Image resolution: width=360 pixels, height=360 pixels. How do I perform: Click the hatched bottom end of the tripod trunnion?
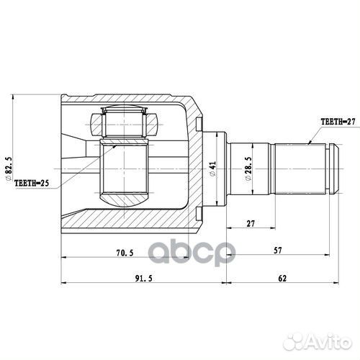[124, 194]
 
